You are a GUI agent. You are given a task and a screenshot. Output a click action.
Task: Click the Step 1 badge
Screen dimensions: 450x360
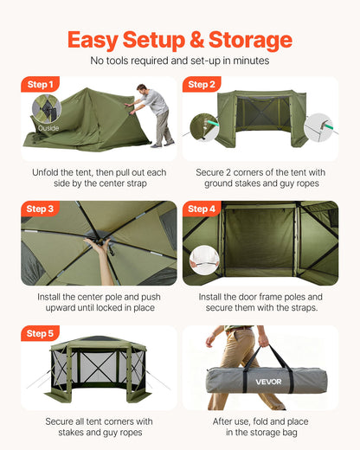pyautogui.click(x=40, y=85)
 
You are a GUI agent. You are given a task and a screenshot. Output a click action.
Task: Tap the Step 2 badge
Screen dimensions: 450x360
pyautogui.click(x=201, y=85)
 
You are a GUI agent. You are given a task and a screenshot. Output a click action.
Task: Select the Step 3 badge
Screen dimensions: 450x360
pyautogui.click(x=40, y=209)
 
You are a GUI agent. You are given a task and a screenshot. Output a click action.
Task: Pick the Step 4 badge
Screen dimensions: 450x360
pyautogui.click(x=201, y=209)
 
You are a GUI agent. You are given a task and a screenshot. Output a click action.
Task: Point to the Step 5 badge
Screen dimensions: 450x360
pyautogui.click(x=40, y=333)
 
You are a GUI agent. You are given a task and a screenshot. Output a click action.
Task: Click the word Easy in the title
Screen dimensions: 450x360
pyautogui.click(x=97, y=40)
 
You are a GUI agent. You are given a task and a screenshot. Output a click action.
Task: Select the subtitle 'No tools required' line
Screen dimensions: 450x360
pyautogui.click(x=180, y=61)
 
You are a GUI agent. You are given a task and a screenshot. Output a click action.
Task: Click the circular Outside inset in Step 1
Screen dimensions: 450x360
pyautogui.click(x=48, y=112)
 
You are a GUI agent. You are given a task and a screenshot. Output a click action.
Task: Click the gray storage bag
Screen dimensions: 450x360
pyautogui.click(x=268, y=380)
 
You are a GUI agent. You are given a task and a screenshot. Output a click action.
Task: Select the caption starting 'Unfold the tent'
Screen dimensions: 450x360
pyautogui.click(x=99, y=177)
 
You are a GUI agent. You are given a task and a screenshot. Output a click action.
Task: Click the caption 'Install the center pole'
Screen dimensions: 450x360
pyautogui.click(x=99, y=302)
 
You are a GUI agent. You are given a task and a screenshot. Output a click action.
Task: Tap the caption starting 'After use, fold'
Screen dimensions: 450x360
pyautogui.click(x=260, y=426)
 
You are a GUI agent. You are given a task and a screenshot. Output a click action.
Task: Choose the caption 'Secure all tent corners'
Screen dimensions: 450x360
pyautogui.click(x=99, y=426)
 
